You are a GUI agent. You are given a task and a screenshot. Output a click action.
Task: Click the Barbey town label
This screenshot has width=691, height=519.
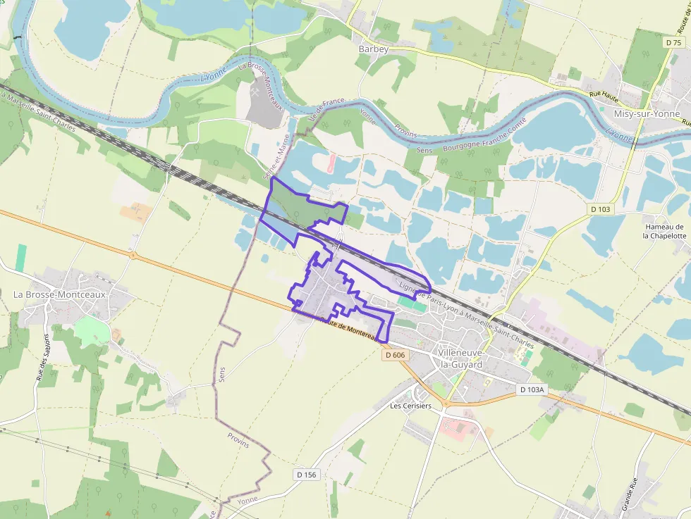pos(374,49)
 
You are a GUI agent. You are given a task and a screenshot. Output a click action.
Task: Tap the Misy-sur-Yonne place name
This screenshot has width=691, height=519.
pos(647,114)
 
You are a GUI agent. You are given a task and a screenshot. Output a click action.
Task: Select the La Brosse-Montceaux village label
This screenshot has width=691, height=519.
pos(60,294)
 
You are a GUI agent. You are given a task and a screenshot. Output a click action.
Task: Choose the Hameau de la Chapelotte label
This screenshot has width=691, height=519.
pos(664,232)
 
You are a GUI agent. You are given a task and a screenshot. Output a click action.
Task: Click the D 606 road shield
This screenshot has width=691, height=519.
pos(396,356)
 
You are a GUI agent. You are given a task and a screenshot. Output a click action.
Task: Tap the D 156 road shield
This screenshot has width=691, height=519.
pos(307,475)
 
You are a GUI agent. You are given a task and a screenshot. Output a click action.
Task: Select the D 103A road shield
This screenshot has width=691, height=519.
pos(532,389)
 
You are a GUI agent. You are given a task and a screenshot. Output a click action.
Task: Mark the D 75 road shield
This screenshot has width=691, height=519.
pos(673,42)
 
